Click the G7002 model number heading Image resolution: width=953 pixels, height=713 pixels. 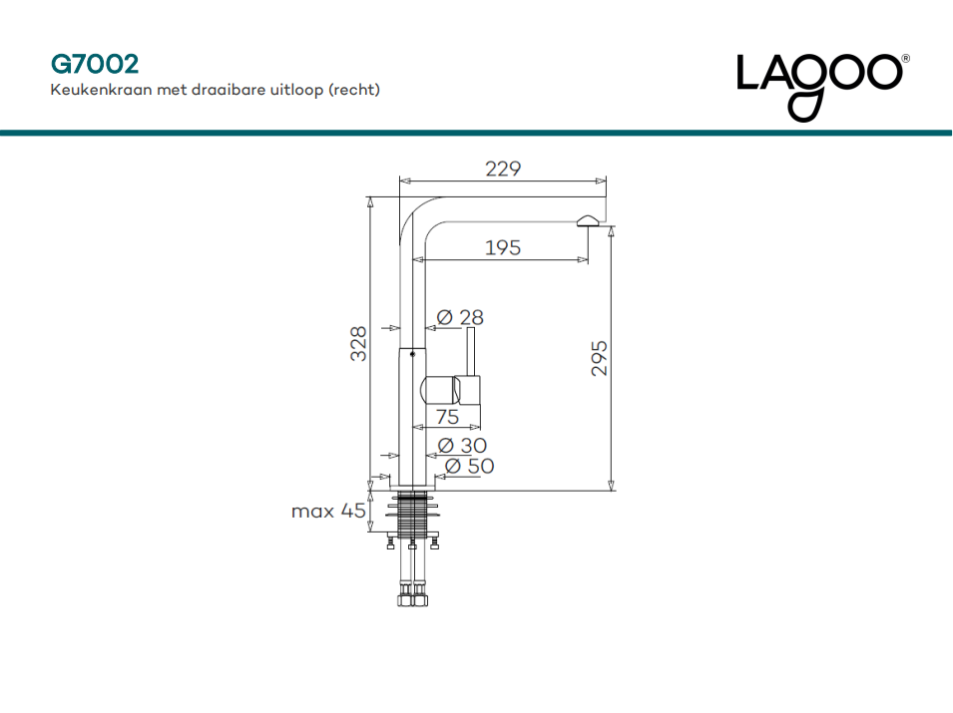tap(94, 64)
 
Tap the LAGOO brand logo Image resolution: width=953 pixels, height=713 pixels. tap(819, 85)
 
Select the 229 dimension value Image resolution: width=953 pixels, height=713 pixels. tap(503, 169)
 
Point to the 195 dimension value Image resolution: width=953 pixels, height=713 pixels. tap(503, 247)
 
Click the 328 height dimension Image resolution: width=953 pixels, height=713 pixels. tap(358, 344)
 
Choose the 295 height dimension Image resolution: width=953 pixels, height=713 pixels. tap(600, 358)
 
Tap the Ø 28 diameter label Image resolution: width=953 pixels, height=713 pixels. tap(460, 317)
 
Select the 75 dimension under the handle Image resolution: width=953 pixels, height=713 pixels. tap(447, 417)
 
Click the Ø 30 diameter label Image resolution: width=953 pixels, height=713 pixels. tap(462, 445)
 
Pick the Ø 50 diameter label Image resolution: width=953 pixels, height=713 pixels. tap(469, 466)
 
